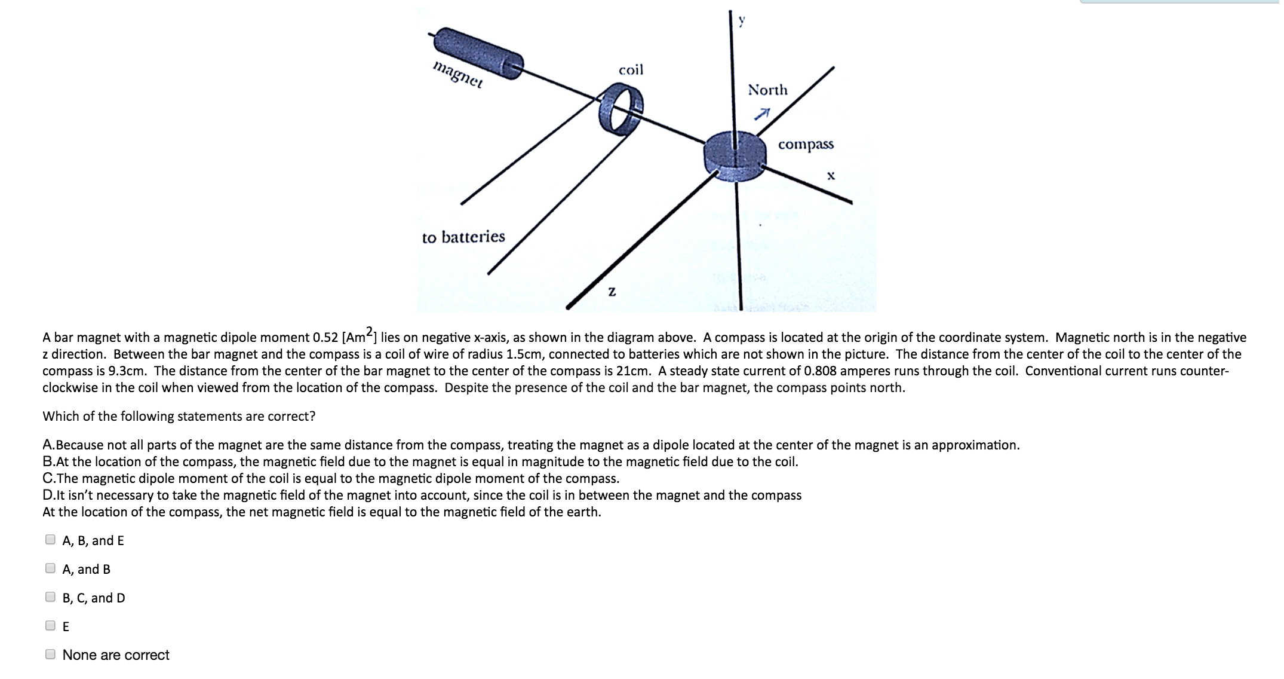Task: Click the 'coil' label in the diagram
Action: tap(631, 70)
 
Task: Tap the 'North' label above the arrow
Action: tap(767, 90)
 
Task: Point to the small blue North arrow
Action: tap(763, 114)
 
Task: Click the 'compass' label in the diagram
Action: tap(806, 145)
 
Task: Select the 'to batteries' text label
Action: tap(463, 237)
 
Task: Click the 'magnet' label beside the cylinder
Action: tap(458, 75)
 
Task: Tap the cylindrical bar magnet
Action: tap(478, 53)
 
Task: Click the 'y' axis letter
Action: tap(742, 21)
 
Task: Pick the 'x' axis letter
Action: tap(830, 176)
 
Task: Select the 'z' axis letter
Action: tap(611, 292)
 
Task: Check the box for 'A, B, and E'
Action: tap(51, 540)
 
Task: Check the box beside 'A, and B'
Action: tap(51, 568)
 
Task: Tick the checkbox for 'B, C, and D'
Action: tap(51, 597)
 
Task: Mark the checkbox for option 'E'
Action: tap(51, 626)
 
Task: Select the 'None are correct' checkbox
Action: tap(51, 654)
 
